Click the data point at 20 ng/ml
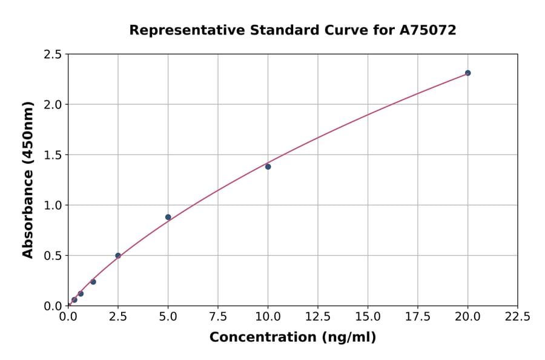pyautogui.click(x=467, y=73)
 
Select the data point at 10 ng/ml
pyautogui.click(x=268, y=167)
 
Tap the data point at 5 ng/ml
pyautogui.click(x=168, y=217)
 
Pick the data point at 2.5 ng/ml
pyautogui.click(x=118, y=256)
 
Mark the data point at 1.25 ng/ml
pyautogui.click(x=93, y=282)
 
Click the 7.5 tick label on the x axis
pyautogui.click(x=218, y=316)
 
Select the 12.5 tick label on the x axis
pyautogui.click(x=318, y=316)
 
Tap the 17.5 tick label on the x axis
pyautogui.click(x=417, y=316)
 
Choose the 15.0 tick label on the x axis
pyautogui.click(x=368, y=316)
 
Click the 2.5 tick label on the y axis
pyautogui.click(x=53, y=55)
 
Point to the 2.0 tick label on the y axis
pyautogui.click(x=53, y=105)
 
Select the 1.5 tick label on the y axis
pyautogui.click(x=53, y=155)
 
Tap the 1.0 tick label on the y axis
pyautogui.click(x=53, y=205)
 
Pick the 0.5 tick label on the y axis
pyautogui.click(x=53, y=256)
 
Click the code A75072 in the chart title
pyautogui.click(x=429, y=30)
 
